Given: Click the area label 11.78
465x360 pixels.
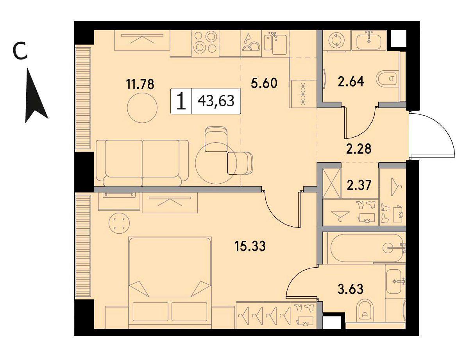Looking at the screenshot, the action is click(x=140, y=84).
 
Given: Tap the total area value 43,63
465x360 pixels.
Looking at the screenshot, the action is click(x=216, y=101).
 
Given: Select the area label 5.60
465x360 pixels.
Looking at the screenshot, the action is click(x=264, y=83).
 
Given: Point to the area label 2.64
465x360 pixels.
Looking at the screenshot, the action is click(x=351, y=82).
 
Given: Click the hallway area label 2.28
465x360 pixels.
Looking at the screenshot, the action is click(x=359, y=149).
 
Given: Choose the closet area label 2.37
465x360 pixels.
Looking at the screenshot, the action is click(x=359, y=185).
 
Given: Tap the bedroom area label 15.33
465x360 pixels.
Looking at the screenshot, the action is click(x=250, y=246).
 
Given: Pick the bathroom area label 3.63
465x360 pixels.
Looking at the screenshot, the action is click(x=351, y=289).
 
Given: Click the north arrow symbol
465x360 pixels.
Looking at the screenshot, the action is click(x=36, y=98).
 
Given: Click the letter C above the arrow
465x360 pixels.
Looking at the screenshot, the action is click(x=20, y=50).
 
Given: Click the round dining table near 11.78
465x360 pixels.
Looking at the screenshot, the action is click(x=142, y=108).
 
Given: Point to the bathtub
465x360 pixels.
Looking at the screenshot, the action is click(x=366, y=248).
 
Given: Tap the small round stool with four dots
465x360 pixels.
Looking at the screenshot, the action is click(x=119, y=223).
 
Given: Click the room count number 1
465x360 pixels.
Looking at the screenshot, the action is click(x=181, y=101).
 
